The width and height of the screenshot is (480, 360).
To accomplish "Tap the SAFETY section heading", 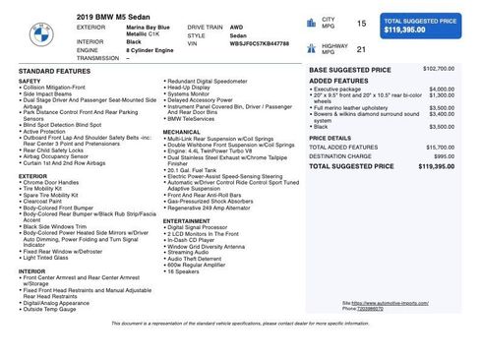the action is tap(30, 81).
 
